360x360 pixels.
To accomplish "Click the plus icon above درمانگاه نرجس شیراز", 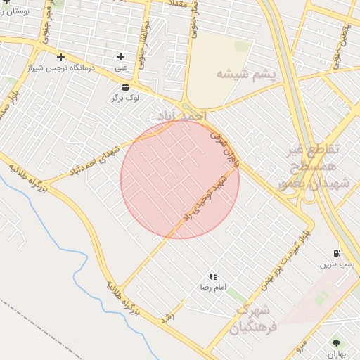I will (x=61, y=57).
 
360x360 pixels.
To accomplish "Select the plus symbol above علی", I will (x=120, y=56).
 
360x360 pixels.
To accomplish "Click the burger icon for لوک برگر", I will (x=124, y=87).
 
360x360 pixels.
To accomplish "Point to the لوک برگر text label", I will (x=125, y=98).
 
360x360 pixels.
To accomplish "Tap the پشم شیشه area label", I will (x=246, y=74).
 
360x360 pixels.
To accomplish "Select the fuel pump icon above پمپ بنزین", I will (x=337, y=253).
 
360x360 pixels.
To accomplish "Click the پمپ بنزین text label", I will (x=335, y=265).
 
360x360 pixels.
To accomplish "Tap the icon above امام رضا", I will (x=212, y=277).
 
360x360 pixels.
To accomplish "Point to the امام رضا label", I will (x=212, y=288).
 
